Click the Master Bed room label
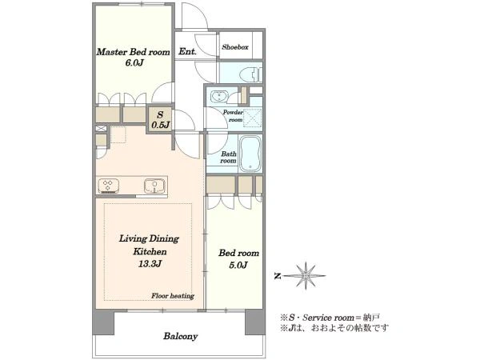tap(133, 52)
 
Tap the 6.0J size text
tap(134, 63)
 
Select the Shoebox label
tap(235, 47)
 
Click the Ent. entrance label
tap(187, 51)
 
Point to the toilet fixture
tap(250, 74)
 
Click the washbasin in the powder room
tap(219, 97)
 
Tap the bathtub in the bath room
tap(250, 154)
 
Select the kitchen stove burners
tap(109, 186)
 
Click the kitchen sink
tap(154, 186)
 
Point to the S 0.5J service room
tap(161, 120)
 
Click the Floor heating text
tap(173, 296)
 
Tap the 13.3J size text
tap(150, 263)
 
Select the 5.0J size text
tap(238, 265)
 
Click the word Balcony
tap(180, 336)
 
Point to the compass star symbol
tap(306, 276)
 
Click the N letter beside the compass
tap(278, 276)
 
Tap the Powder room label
tap(233, 116)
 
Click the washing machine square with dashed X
tap(253, 118)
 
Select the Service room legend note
tap(330, 318)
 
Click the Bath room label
tap(228, 158)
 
